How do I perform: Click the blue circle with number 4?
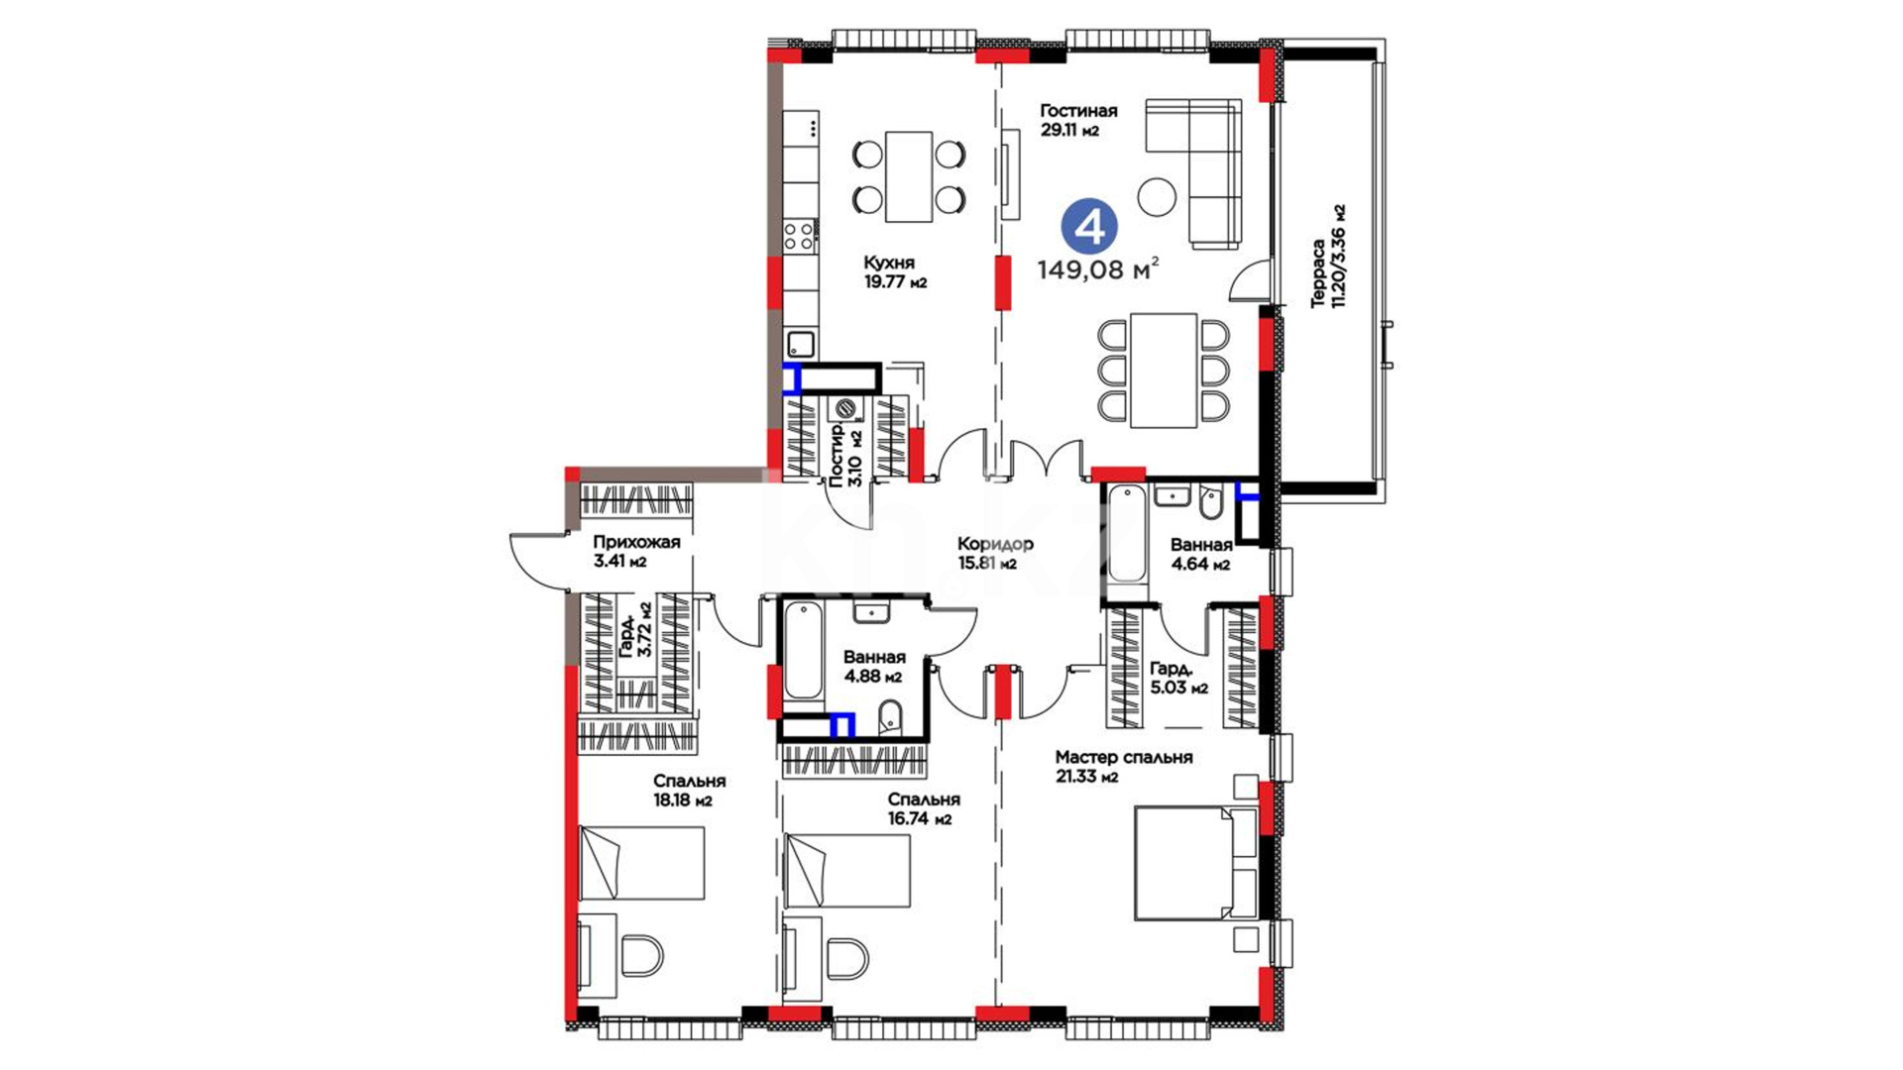(x=1089, y=227)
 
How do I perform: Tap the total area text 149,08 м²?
(x=1098, y=269)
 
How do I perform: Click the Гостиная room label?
(x=1078, y=111)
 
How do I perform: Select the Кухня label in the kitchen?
(x=889, y=263)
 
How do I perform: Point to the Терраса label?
(x=1318, y=273)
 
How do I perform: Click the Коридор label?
(x=995, y=544)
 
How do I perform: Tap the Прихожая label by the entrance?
(x=636, y=542)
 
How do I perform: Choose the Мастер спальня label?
(x=1124, y=757)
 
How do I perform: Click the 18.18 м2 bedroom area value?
(x=683, y=801)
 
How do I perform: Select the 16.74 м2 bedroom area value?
(x=920, y=819)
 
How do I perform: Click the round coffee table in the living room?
(x=1157, y=196)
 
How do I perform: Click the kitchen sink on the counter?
(x=801, y=344)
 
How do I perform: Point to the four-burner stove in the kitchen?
(x=800, y=236)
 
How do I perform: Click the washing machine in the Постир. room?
(x=845, y=409)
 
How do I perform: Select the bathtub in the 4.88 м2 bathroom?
(x=804, y=652)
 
